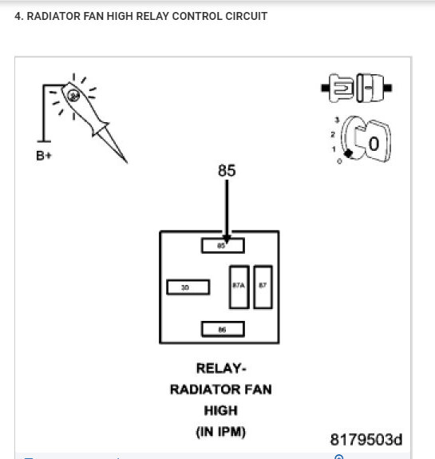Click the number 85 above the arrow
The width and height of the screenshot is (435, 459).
coord(227,171)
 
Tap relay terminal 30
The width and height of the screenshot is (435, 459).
coord(188,287)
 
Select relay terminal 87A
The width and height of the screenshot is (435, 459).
coord(239,287)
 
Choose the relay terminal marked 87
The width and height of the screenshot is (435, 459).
coord(263,287)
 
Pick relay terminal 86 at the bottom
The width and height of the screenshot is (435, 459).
coord(223,329)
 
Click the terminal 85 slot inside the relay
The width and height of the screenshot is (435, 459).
coord(223,246)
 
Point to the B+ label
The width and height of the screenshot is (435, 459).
coord(45,156)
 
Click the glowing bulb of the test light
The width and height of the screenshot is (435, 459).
coord(74,96)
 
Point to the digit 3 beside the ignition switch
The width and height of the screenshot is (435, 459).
coord(337,120)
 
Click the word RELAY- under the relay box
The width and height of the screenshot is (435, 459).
coord(222,369)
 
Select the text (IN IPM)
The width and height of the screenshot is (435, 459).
coord(222,433)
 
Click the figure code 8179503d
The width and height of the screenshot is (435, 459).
coord(366,440)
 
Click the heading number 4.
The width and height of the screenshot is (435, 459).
coord(18,16)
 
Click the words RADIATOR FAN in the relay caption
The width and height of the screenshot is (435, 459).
coord(221,390)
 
